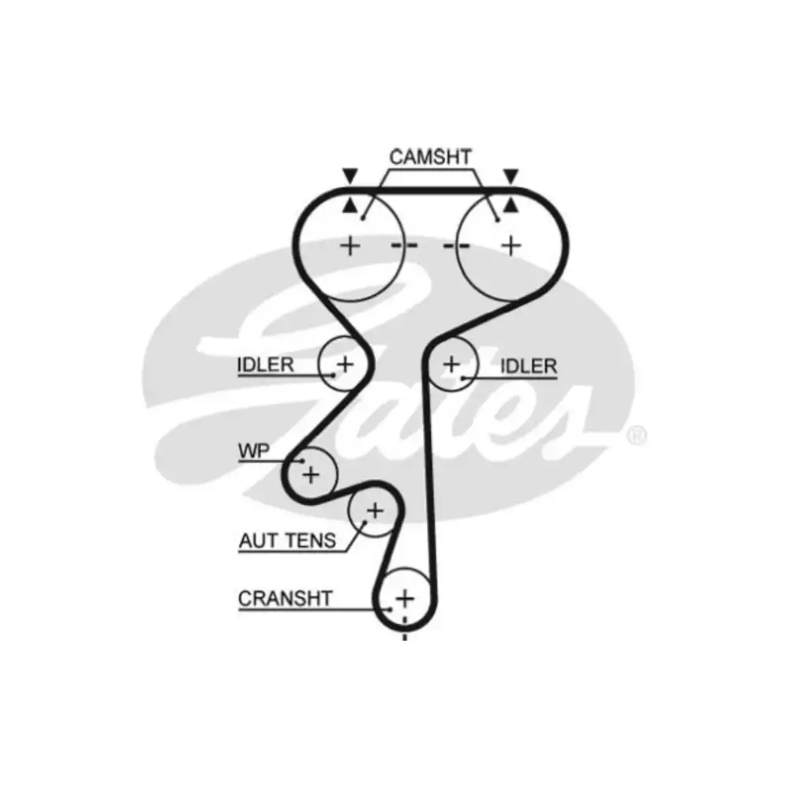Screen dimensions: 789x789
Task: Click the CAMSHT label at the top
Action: [430, 157]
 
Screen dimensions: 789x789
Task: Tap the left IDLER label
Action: [265, 365]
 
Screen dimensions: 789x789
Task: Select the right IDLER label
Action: [529, 366]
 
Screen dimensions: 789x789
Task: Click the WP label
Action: [253, 451]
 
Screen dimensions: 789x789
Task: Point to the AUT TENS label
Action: [287, 541]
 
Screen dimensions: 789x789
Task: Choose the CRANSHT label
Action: [285, 599]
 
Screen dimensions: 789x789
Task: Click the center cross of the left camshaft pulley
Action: [350, 246]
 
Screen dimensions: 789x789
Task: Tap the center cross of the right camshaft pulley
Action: [511, 246]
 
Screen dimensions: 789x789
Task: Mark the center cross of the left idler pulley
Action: [346, 364]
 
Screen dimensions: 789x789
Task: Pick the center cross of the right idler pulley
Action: [451, 364]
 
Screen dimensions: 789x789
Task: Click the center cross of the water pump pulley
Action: [311, 474]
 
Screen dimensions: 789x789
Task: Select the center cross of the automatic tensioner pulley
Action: [375, 510]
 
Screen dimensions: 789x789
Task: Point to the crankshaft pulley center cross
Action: [405, 599]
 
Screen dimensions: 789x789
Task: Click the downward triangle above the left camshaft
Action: [350, 176]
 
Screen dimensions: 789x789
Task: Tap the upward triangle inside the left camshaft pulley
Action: [350, 205]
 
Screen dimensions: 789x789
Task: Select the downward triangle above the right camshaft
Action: [511, 176]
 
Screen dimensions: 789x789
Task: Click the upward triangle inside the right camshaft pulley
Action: [511, 205]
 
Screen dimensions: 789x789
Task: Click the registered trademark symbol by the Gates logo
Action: [637, 436]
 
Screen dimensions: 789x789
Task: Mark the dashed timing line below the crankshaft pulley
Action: [405, 627]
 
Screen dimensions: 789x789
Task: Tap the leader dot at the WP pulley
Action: [302, 461]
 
